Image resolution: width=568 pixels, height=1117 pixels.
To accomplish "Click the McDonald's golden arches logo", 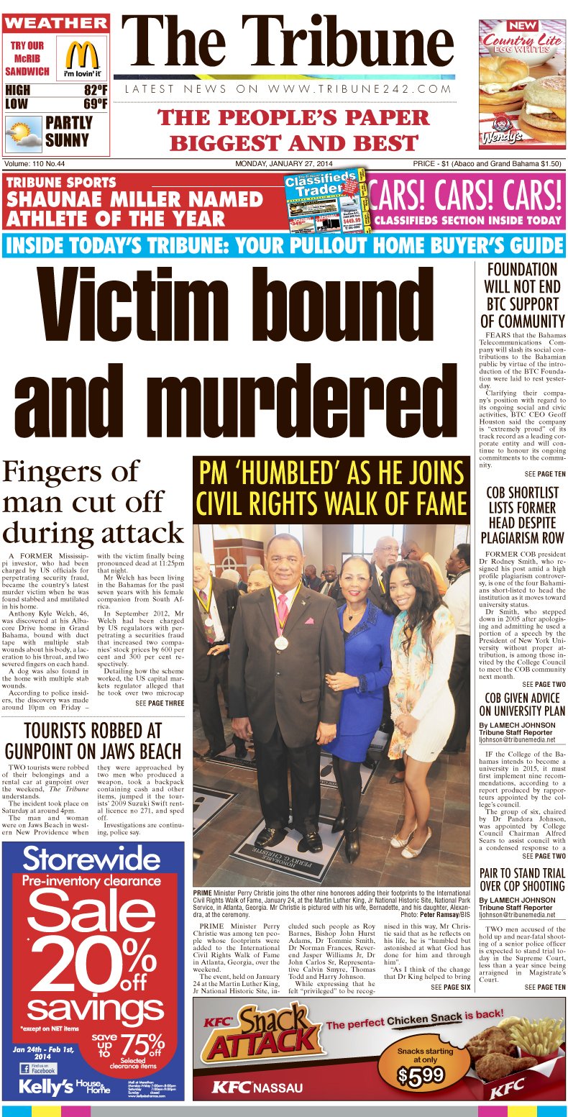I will click(x=82, y=55).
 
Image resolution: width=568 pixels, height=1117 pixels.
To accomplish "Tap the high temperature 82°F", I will click(x=95, y=91).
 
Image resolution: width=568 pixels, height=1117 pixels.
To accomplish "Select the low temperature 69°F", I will click(x=95, y=105).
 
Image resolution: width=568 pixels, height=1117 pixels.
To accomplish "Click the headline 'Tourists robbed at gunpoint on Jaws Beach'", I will click(x=92, y=741).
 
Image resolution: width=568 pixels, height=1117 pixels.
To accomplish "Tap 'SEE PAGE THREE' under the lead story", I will click(x=160, y=703).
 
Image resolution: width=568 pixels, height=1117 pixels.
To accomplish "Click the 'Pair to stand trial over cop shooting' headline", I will click(x=522, y=880).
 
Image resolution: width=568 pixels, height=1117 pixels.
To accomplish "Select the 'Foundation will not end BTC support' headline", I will click(x=522, y=296).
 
